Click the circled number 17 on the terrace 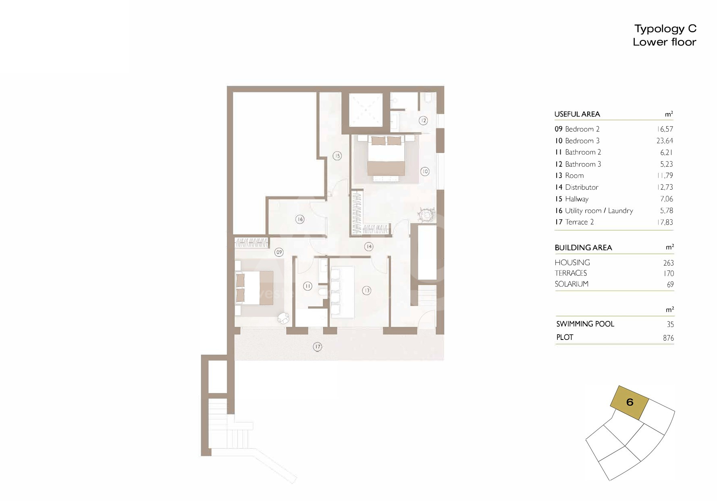tap(318, 346)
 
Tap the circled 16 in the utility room tap(299, 219)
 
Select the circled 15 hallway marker tap(337, 155)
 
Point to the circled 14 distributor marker tap(368, 246)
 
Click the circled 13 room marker tap(366, 290)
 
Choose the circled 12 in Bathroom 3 tap(423, 120)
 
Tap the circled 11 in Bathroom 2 tap(308, 286)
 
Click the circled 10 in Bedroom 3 tap(425, 172)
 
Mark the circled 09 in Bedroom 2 tap(279, 252)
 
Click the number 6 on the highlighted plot tap(630, 402)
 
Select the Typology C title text tap(665, 29)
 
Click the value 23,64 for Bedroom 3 tap(665, 141)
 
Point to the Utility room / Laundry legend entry tap(599, 211)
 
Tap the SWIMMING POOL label tap(585, 324)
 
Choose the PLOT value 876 tap(668, 338)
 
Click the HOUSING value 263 tap(668, 263)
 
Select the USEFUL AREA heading tap(577, 114)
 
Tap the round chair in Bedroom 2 tap(284, 318)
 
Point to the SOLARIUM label tap(572, 284)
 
